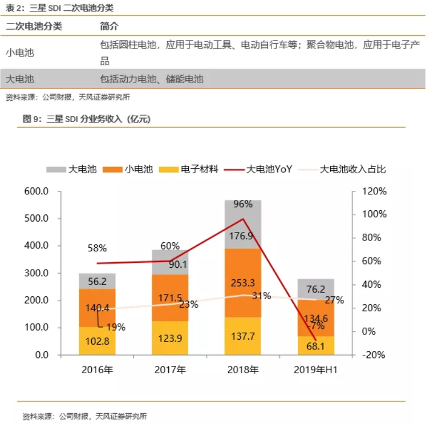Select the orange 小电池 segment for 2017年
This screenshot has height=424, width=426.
point(170,297)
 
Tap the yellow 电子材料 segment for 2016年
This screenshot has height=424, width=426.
point(97,341)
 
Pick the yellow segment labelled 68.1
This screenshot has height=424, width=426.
point(315,345)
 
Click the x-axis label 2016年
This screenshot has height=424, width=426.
point(97,370)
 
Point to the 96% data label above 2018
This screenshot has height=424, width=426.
point(243,204)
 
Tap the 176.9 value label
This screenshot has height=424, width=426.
point(243,237)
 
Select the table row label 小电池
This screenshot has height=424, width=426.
point(20,52)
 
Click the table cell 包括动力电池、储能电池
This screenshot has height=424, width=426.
point(151,79)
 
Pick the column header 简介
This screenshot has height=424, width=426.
point(109,27)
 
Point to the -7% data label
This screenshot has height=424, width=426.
point(315,327)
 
